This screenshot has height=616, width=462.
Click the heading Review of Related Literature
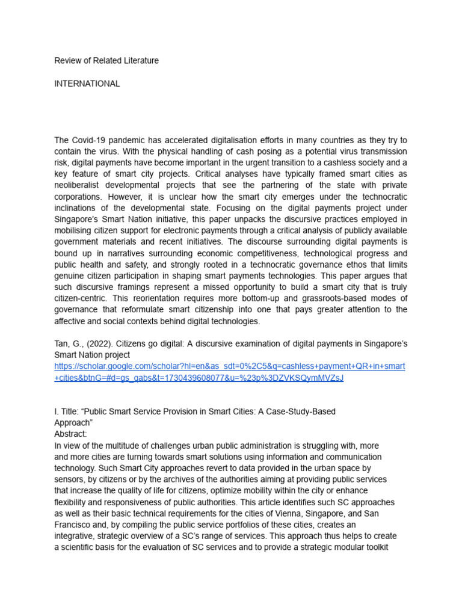[x=106, y=61]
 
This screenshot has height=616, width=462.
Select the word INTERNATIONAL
[x=87, y=84]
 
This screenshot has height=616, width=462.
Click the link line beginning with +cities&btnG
[x=199, y=378]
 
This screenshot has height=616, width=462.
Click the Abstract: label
[x=70, y=434]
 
